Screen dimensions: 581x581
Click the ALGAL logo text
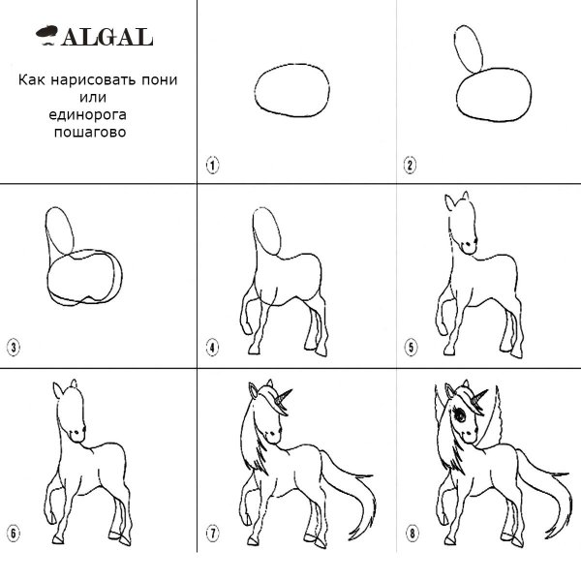point(107,37)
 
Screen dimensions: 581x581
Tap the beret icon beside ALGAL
point(47,34)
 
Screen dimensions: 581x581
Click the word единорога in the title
point(87,115)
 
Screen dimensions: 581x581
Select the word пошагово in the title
point(90,132)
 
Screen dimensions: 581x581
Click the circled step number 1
point(213,165)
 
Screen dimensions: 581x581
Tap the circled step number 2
point(410,165)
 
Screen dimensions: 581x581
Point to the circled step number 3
point(14,348)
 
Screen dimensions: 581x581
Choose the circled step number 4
point(212,348)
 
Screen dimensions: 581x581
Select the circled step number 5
point(411,348)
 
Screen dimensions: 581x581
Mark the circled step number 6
point(14,534)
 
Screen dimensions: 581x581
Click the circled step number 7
point(213,534)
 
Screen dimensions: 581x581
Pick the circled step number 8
point(412,534)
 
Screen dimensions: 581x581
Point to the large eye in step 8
point(460,415)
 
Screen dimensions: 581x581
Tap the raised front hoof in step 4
point(246,328)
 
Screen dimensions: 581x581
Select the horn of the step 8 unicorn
point(479,397)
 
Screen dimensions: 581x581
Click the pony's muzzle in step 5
point(469,246)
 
